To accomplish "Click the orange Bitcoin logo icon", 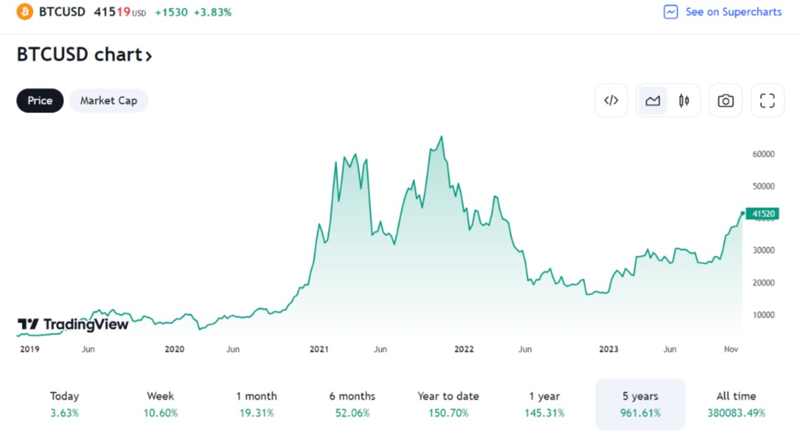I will coord(25,12).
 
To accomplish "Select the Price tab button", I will coord(40,100).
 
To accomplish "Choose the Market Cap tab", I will coord(108,100).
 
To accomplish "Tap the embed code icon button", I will coord(611,100).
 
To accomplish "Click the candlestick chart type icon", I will coord(683,100).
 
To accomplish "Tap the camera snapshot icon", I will coord(726,100).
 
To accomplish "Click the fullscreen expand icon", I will coord(767,100).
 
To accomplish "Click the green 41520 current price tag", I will coord(763,214).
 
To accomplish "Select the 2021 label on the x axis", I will coord(320,349).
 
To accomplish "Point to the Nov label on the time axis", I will coord(730,349).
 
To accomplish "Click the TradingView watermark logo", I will coord(73,324).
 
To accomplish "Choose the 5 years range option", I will coord(640,404).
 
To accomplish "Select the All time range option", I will coord(736,404).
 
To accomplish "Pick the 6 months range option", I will coord(352,404).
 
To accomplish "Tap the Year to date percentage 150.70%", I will coord(448,413).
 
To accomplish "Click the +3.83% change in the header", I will coord(214,13).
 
